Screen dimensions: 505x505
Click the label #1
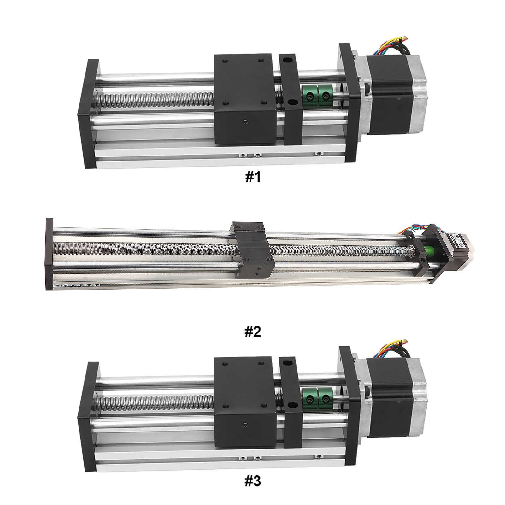coord(253,177)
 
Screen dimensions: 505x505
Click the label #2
coord(253,332)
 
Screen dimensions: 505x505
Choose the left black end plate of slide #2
coord(49,254)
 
